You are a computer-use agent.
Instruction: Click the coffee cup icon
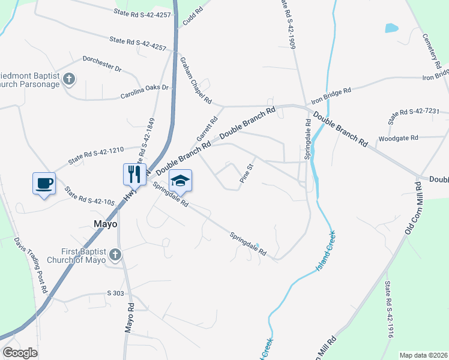pyautogui.click(x=44, y=182)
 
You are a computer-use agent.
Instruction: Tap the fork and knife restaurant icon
pyautogui.click(x=134, y=174)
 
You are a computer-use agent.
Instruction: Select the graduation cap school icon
pyautogui.click(x=181, y=180)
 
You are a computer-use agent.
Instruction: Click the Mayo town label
pyautogui.click(x=105, y=224)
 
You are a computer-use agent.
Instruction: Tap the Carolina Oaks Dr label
pyautogui.click(x=145, y=92)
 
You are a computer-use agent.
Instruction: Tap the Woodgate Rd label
pyautogui.click(x=398, y=138)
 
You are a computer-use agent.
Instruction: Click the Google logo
pyautogui.click(x=20, y=353)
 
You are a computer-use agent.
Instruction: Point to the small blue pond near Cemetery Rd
pyautogui.click(x=391, y=27)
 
